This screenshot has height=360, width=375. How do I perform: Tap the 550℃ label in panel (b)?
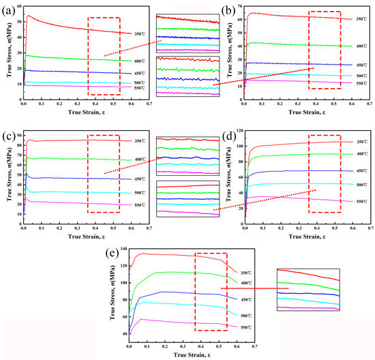364,83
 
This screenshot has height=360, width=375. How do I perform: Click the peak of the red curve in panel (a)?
28,16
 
